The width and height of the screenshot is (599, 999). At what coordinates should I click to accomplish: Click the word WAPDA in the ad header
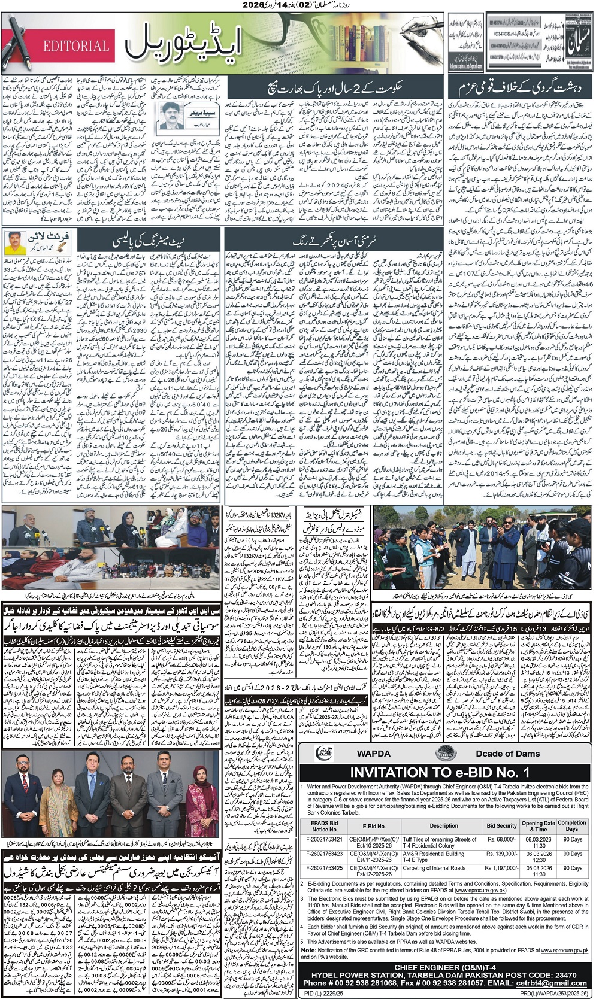point(373,754)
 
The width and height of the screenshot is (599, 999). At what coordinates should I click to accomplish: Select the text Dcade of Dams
point(507,754)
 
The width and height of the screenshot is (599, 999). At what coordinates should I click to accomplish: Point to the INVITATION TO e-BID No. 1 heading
point(440,772)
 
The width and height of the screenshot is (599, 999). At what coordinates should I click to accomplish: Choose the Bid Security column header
point(501,825)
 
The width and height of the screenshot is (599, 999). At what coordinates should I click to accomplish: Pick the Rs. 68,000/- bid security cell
point(501,839)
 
